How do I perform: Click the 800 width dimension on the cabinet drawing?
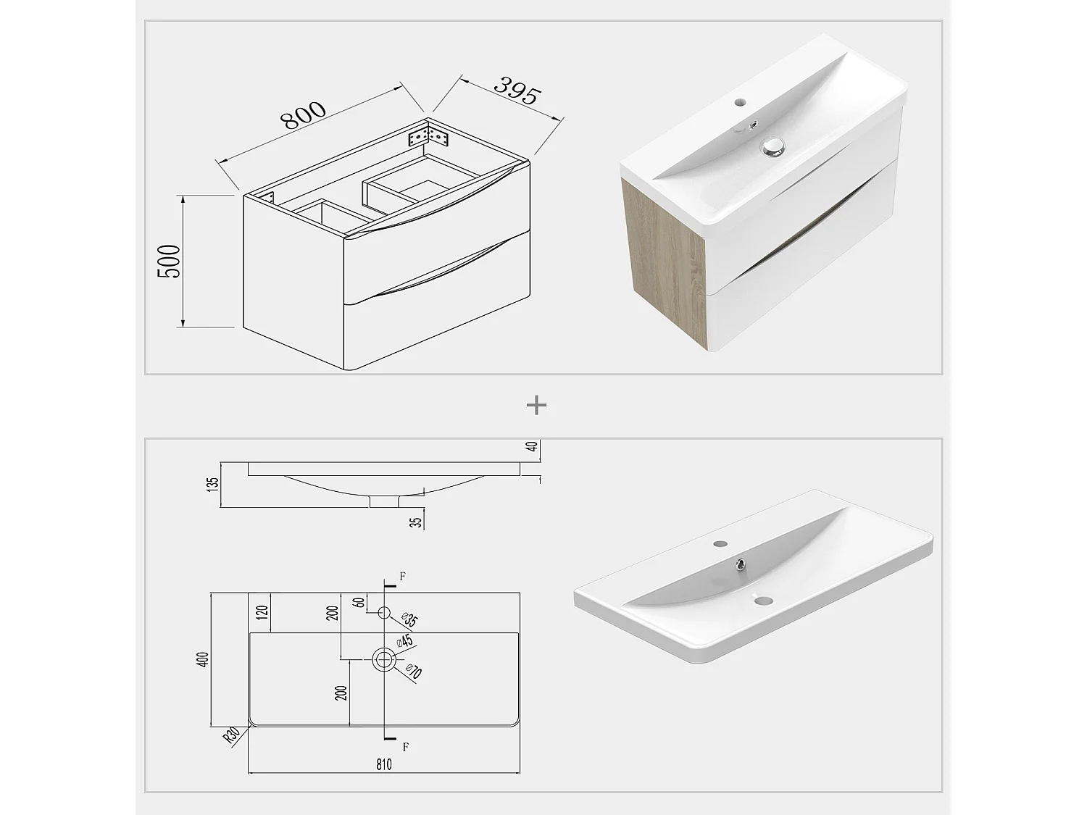click(304, 116)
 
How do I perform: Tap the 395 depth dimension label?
click(517, 91)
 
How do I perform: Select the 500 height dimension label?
click(170, 262)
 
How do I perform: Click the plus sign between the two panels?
click(536, 406)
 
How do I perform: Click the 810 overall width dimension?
click(384, 764)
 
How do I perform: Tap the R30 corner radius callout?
click(232, 736)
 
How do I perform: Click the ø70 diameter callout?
click(413, 672)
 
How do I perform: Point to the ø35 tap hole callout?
click(409, 619)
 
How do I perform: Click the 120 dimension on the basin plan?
click(262, 613)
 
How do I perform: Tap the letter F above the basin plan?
click(403, 577)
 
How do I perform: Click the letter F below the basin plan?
click(406, 746)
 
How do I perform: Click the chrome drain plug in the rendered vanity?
click(772, 147)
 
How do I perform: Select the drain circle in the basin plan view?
click(384, 659)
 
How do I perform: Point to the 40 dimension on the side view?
click(533, 446)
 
